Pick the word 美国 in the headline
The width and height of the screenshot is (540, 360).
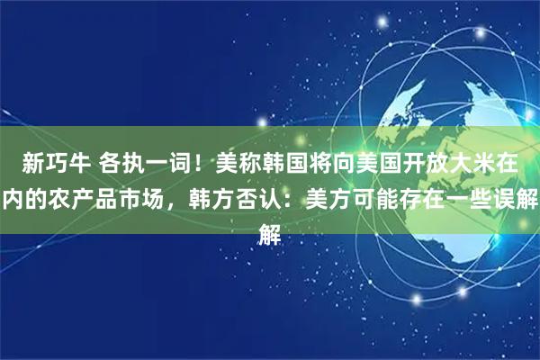click(387, 165)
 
